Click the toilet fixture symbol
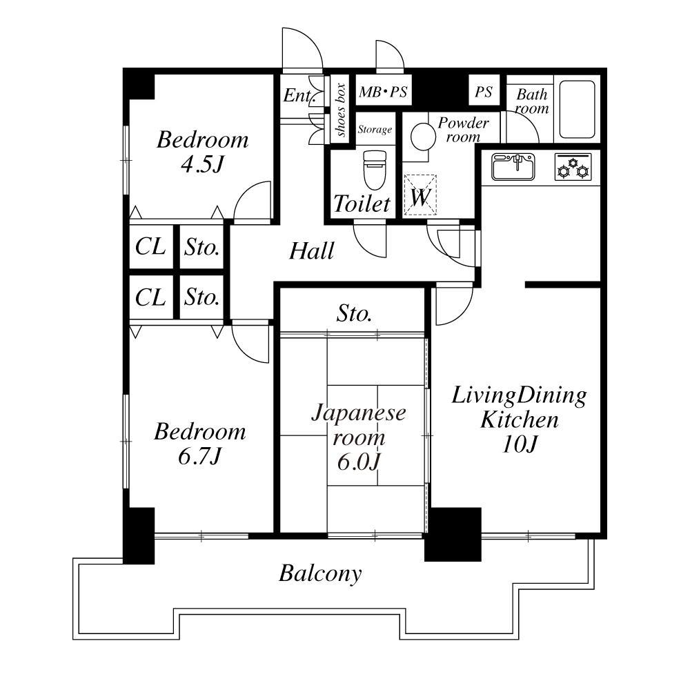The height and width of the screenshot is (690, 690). [x=375, y=170]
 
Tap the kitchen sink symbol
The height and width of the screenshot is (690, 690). [x=513, y=166]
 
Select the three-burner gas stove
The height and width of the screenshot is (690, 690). [x=573, y=166]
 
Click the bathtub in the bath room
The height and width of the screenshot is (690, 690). [x=578, y=109]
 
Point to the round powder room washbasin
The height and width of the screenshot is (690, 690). [x=423, y=137]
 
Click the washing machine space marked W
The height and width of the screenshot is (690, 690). [x=420, y=196]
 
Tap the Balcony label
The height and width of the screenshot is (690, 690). [x=320, y=573]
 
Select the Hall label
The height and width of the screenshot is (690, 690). [x=312, y=251]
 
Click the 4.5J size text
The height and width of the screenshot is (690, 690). [x=202, y=165]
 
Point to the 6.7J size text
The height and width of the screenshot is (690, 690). [x=199, y=456]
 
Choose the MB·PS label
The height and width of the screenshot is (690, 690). [x=383, y=92]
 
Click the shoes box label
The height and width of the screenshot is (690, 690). [x=340, y=110]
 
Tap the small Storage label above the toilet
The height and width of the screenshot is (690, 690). [x=375, y=130]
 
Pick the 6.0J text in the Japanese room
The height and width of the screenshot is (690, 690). [x=358, y=462]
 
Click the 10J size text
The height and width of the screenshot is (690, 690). [x=520, y=444]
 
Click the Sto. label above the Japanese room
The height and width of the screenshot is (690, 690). [x=354, y=314]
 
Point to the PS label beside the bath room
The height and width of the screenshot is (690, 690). [x=483, y=92]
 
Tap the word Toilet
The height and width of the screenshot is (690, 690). [x=362, y=204]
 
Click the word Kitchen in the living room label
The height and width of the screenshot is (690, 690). [x=520, y=420]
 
